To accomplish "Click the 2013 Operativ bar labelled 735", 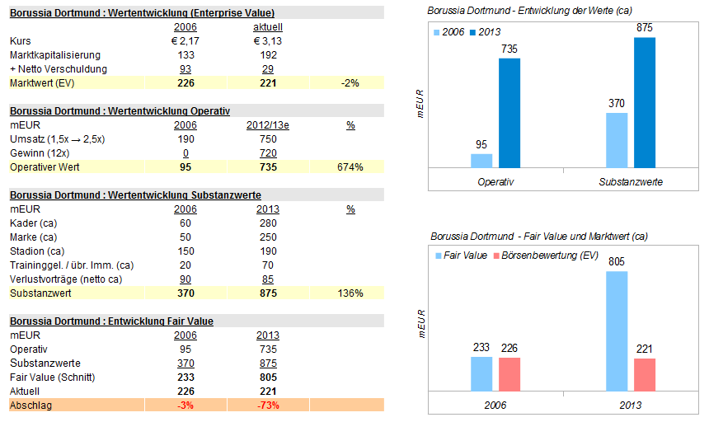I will click(509, 113).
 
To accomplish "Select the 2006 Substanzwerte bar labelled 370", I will click(616, 140).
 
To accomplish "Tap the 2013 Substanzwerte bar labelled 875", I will click(645, 102).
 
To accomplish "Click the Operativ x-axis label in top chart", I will click(495, 181).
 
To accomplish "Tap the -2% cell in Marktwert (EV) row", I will click(350, 82).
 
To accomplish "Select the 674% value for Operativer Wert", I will click(350, 167).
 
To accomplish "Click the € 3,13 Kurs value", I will click(267, 40).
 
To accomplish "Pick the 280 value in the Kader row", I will click(267, 223).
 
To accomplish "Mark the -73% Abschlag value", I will click(267, 405).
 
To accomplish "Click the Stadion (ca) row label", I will click(37, 251).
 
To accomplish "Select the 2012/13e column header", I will click(267, 125).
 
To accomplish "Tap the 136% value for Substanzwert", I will click(350, 293).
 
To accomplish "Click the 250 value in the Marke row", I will click(267, 237).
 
